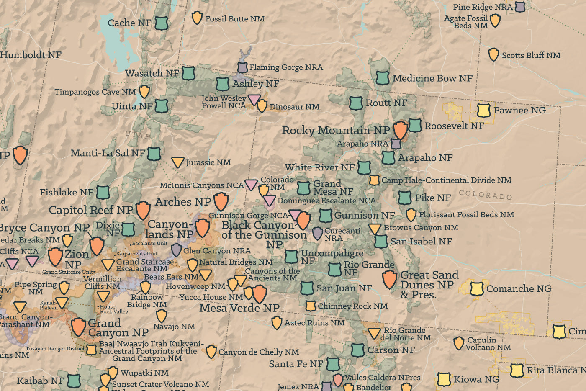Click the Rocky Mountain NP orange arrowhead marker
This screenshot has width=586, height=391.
point(400,130)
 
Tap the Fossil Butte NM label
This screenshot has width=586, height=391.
point(234,19)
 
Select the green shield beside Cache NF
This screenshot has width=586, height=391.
point(161,23)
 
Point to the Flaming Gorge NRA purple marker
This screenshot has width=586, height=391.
point(242,67)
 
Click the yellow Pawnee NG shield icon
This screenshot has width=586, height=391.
point(483,111)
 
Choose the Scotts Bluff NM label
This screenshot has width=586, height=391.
point(531,55)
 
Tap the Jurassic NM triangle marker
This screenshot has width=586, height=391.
point(178,162)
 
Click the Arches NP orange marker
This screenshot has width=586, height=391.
point(221,201)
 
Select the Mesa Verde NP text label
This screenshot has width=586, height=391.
point(239,308)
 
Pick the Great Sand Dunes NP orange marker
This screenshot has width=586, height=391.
point(389,279)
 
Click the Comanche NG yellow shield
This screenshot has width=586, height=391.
point(477,288)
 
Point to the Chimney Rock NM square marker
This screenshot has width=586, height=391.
point(311,306)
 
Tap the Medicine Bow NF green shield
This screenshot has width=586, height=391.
point(382,78)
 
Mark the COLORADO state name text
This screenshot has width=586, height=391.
point(485,195)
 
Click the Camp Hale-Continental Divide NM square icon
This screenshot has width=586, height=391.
point(374,180)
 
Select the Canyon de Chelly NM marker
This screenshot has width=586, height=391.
point(211,352)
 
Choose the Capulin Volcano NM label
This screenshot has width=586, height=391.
point(488,344)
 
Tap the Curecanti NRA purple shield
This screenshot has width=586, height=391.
point(318,234)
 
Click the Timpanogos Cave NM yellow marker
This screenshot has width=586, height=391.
point(144,91)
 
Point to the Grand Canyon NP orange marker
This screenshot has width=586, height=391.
point(78,327)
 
